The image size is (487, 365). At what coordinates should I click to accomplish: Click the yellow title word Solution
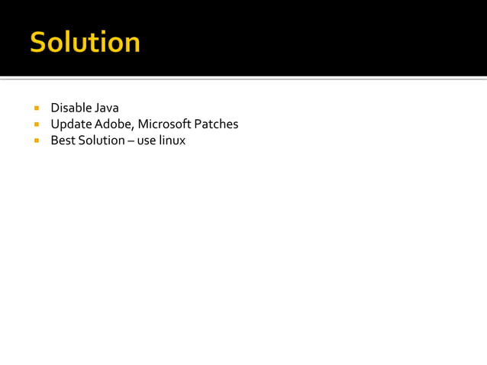tap(85, 43)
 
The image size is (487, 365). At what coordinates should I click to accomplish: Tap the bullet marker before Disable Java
tap(35, 108)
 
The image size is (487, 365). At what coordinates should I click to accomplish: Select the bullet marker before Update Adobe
tap(35, 124)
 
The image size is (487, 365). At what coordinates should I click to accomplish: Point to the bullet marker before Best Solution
tap(35, 141)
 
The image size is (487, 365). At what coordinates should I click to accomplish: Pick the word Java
tap(107, 108)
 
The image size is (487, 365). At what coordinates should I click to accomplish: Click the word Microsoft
tap(165, 124)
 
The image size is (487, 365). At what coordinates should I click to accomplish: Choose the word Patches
tap(217, 124)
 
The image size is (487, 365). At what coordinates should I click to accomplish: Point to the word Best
tap(62, 141)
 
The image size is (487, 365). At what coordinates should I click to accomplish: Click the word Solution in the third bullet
tap(99, 141)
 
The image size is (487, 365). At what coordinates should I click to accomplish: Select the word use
tap(147, 141)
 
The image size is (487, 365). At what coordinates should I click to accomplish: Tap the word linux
tap(173, 141)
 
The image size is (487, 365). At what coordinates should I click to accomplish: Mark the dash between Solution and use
tap(131, 141)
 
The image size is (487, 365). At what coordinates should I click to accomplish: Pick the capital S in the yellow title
tap(38, 43)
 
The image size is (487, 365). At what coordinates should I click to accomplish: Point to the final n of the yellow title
tap(132, 45)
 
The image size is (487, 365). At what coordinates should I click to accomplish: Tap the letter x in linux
tap(182, 142)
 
